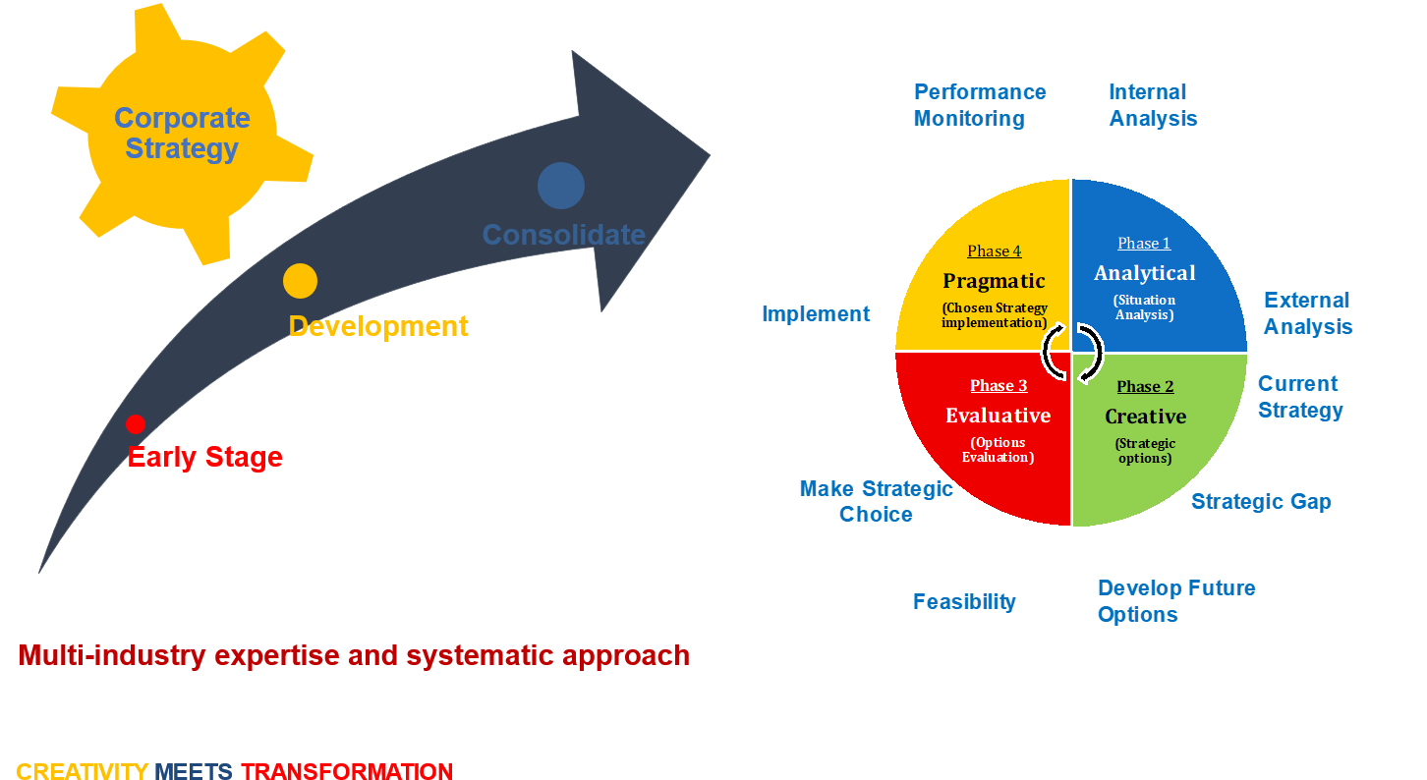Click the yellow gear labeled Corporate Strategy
click(x=183, y=134)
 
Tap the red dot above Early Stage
click(x=136, y=424)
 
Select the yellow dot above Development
click(x=300, y=281)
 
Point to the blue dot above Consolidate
click(x=561, y=186)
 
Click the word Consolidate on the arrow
click(x=563, y=236)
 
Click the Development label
click(x=378, y=326)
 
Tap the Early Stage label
click(x=205, y=458)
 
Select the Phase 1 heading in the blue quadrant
click(x=1144, y=244)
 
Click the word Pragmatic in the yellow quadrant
click(x=994, y=281)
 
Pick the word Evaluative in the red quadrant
click(x=998, y=416)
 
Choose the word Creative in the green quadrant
click(x=1145, y=417)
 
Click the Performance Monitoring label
click(x=979, y=105)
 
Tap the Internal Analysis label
click(x=1153, y=105)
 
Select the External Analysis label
click(x=1307, y=313)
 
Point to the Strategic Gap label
click(x=1261, y=502)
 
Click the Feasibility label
click(x=964, y=602)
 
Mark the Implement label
click(x=816, y=314)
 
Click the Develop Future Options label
click(x=1175, y=601)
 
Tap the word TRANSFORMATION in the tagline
click(x=347, y=771)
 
